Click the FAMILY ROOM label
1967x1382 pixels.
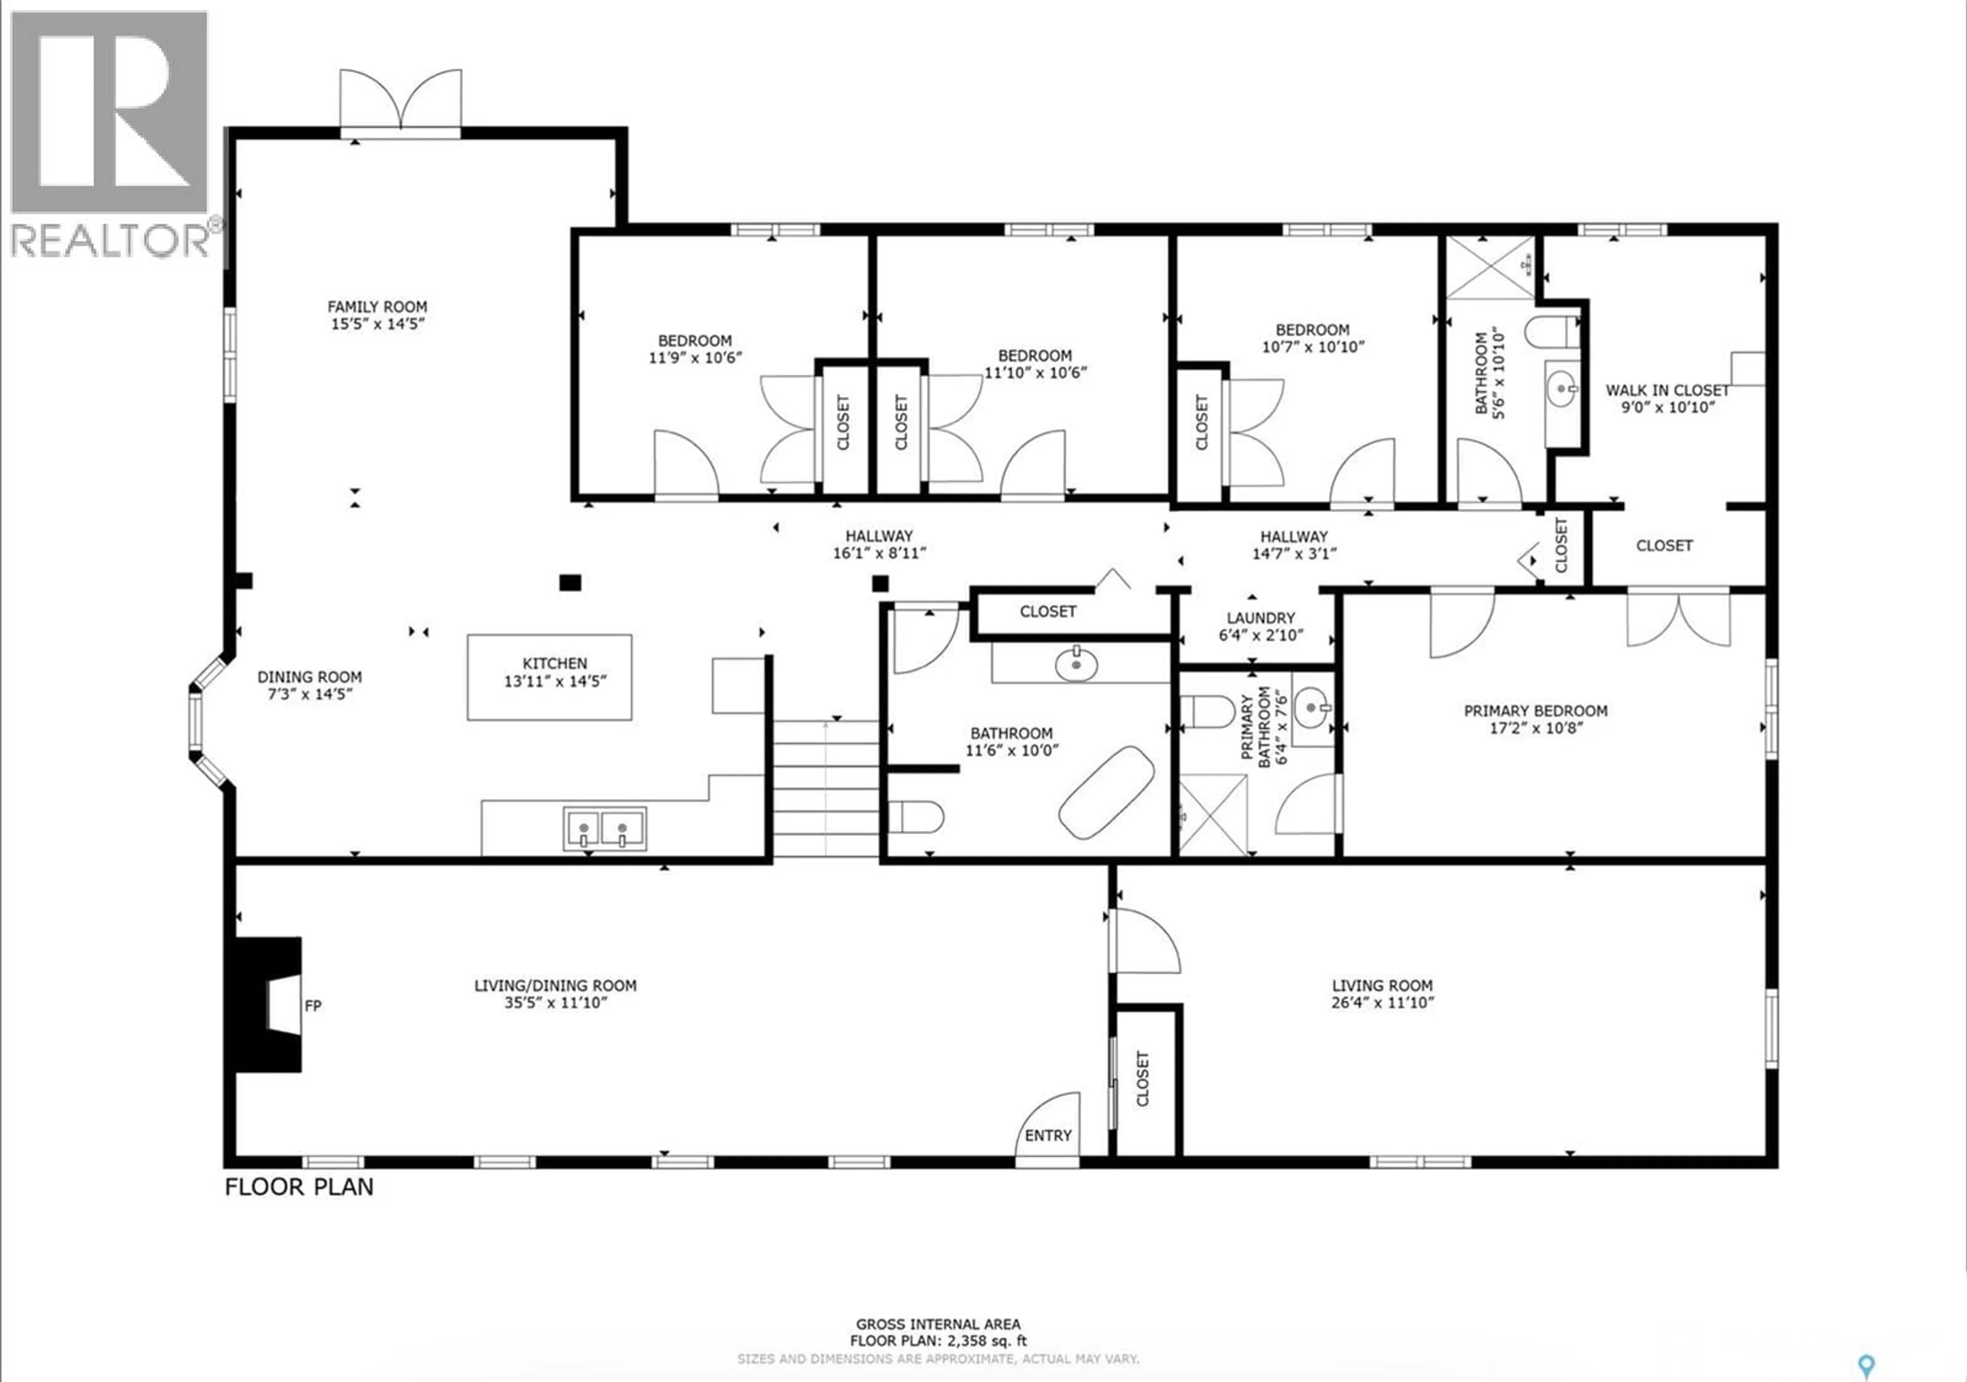click(x=377, y=315)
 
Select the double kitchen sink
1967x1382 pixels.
click(x=604, y=828)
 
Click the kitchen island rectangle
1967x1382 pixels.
click(x=549, y=677)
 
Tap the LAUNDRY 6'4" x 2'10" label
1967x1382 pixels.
click(x=1260, y=626)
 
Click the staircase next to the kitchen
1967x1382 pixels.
click(x=826, y=788)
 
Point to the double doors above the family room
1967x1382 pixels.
click(x=400, y=103)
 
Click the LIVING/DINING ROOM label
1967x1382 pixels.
click(x=555, y=994)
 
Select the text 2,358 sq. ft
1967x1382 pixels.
click(x=985, y=1341)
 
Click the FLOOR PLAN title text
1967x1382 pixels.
click(x=299, y=1187)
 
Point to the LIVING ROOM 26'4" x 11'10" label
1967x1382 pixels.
click(x=1382, y=994)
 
